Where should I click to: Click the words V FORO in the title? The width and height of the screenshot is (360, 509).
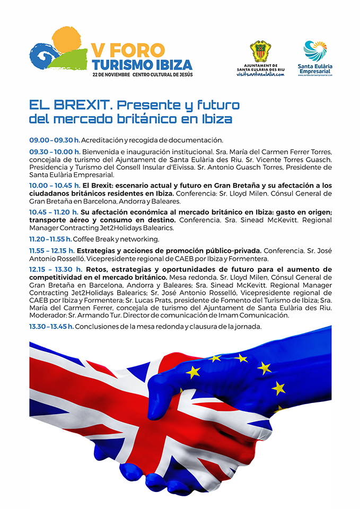point(128,49)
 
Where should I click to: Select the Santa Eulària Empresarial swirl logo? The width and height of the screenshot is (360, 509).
point(315,51)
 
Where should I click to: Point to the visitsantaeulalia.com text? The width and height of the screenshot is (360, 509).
point(260,74)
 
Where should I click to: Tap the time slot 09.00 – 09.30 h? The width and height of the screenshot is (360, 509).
point(54,140)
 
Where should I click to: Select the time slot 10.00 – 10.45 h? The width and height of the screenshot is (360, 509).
point(55,185)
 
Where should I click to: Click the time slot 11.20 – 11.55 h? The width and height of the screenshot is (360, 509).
point(54,239)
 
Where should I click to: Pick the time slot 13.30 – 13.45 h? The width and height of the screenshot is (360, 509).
point(51,327)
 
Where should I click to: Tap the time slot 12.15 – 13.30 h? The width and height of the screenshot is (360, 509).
point(55,269)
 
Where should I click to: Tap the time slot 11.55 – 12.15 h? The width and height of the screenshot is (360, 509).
point(53,251)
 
